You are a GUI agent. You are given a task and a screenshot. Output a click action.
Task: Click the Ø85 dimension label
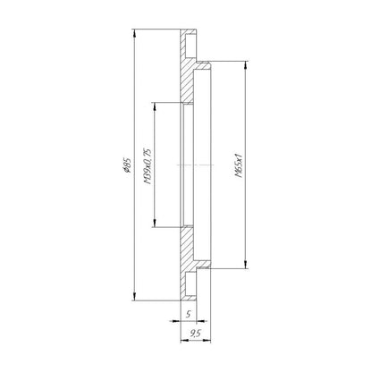(x=127, y=165)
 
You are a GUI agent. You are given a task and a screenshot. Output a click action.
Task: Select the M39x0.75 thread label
(x=148, y=165)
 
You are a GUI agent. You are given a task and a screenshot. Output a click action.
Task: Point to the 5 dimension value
(x=188, y=314)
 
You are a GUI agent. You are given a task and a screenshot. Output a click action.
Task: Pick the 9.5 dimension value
(x=195, y=334)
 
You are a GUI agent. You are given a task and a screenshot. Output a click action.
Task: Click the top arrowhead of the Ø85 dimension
(x=135, y=33)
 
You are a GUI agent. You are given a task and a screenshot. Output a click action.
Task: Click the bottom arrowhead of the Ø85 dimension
(x=135, y=297)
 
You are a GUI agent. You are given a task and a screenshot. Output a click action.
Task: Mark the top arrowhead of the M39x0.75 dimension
(x=155, y=106)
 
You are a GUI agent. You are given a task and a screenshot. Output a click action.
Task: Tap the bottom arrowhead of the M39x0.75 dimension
(x=155, y=224)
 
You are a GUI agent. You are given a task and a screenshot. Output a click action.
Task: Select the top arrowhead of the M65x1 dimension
(x=245, y=65)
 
